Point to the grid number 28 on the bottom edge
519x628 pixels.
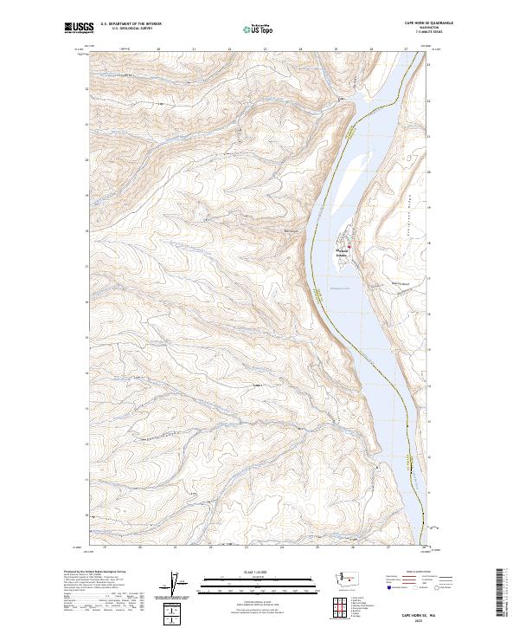click(424, 547)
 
